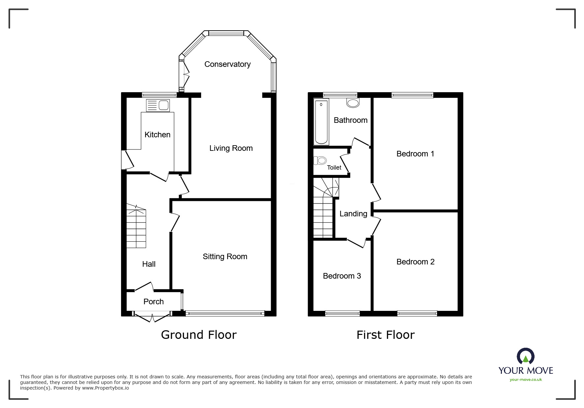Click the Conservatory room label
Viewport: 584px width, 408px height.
tap(227, 64)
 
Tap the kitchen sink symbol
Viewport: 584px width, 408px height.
tap(158, 105)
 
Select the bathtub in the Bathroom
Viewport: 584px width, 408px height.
tap(321, 122)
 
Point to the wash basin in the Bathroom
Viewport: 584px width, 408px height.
tap(353, 103)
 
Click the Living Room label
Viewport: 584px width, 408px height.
tap(231, 148)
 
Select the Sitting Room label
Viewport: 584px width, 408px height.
tap(225, 257)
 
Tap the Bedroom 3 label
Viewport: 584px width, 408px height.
tap(342, 276)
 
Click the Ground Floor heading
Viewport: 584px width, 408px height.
tap(199, 335)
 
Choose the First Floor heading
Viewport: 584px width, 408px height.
tap(385, 335)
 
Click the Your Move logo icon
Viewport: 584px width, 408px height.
tap(525, 356)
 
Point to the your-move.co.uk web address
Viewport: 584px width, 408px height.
tap(526, 380)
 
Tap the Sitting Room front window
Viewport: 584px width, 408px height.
tap(225, 313)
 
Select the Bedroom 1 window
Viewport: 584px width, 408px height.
tap(412, 95)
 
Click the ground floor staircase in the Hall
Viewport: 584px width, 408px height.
tap(136, 227)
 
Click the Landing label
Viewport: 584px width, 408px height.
tap(353, 214)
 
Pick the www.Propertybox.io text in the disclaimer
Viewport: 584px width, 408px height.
tap(106, 388)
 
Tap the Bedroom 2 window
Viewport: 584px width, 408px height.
tap(417, 313)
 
